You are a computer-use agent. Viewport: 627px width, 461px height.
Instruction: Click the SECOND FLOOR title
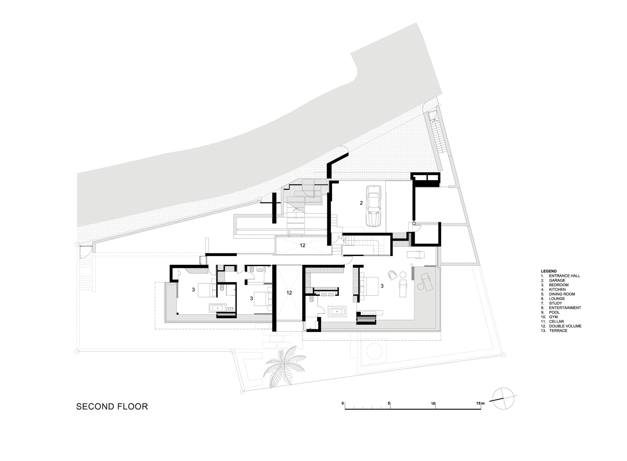[x=112, y=406]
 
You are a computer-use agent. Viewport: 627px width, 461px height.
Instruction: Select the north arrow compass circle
[x=503, y=399]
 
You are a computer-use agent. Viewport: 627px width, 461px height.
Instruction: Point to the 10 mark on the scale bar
[x=433, y=404]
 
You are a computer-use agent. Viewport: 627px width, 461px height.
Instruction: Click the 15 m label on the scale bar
[x=480, y=404]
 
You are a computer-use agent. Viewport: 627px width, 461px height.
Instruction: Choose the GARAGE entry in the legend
[x=557, y=280]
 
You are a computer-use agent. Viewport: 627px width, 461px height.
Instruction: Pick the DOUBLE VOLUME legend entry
[x=565, y=326]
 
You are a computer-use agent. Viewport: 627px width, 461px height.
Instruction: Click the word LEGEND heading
[x=549, y=271]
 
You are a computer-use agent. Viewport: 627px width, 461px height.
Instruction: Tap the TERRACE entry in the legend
[x=558, y=331]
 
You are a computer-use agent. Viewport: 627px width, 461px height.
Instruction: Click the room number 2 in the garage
[x=361, y=203]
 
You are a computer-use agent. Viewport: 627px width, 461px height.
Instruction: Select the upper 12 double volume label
[x=302, y=245]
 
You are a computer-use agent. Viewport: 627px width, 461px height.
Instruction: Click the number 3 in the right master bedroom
[x=382, y=286]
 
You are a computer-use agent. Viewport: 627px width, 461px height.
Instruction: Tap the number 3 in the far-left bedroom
[x=193, y=290]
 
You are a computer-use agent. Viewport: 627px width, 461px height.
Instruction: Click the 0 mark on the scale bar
[x=343, y=404]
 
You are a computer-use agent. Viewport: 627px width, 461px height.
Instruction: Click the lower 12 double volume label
[x=289, y=292]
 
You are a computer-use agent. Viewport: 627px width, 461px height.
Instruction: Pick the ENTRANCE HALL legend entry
[x=564, y=276]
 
